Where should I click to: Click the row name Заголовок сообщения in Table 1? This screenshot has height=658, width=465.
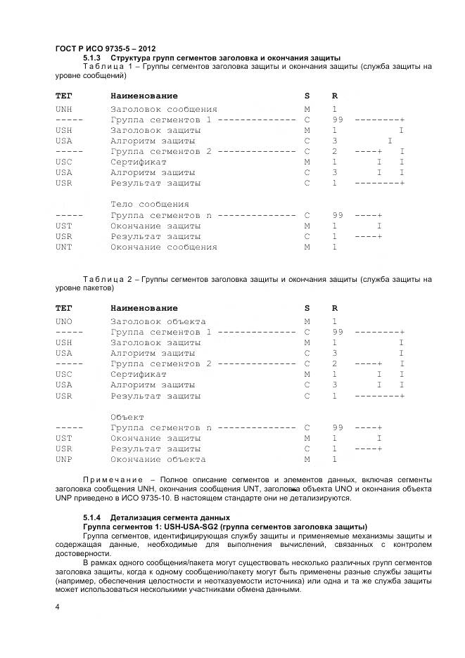pos(163,110)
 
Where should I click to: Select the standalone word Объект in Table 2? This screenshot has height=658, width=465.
pos(127,417)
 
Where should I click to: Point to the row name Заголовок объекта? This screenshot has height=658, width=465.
pos(158,321)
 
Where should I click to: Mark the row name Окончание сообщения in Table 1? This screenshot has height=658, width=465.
pos(163,247)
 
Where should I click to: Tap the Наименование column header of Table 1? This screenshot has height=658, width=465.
pos(144,96)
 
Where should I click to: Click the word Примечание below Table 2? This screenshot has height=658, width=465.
pos(106,479)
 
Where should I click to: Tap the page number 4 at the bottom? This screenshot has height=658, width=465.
pos(57,606)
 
